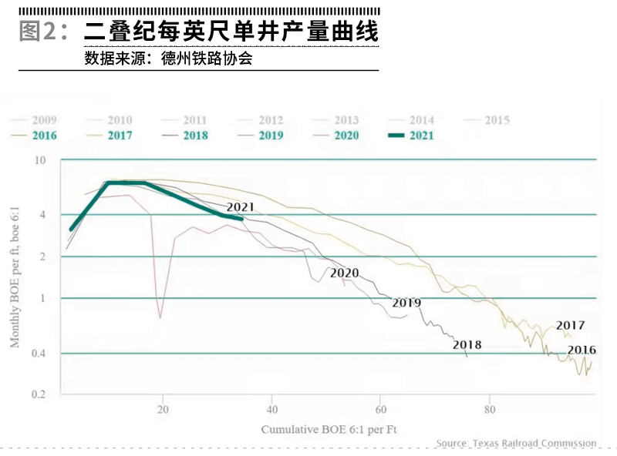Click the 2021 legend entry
(410, 136)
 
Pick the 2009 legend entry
(34, 120)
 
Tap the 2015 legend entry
(485, 120)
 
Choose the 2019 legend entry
(259, 136)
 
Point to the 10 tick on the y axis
(40, 160)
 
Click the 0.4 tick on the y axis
(38, 354)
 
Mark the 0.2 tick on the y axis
(38, 394)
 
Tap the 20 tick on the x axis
(163, 409)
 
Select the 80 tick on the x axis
(490, 409)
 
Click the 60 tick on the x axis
(380, 409)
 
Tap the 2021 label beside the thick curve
(241, 206)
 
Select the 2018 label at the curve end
(467, 344)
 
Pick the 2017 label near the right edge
(570, 326)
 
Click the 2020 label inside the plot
(344, 273)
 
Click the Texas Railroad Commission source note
(516, 443)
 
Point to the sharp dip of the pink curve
(160, 316)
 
